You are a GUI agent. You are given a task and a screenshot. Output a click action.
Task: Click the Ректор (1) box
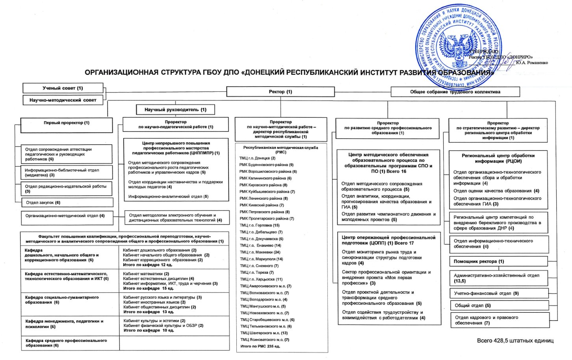280,92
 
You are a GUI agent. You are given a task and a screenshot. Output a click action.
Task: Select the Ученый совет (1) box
63,88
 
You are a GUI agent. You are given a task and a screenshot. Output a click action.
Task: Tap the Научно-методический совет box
63,100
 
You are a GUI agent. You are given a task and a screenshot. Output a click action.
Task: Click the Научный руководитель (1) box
175,109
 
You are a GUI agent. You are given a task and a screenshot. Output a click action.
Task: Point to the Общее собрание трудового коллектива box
455,92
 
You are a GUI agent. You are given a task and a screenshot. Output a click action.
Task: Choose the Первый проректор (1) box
66,123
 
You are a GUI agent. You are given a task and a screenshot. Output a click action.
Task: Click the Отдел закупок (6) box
67,202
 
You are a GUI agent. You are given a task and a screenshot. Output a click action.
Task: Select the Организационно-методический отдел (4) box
66,216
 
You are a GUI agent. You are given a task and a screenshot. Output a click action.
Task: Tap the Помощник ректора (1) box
498,262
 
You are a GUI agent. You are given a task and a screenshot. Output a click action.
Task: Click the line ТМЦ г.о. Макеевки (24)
260,252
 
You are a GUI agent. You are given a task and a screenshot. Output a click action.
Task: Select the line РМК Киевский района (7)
262,205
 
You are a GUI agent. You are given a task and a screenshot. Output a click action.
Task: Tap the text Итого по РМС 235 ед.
260,347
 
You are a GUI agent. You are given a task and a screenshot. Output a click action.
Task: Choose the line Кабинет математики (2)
146,274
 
